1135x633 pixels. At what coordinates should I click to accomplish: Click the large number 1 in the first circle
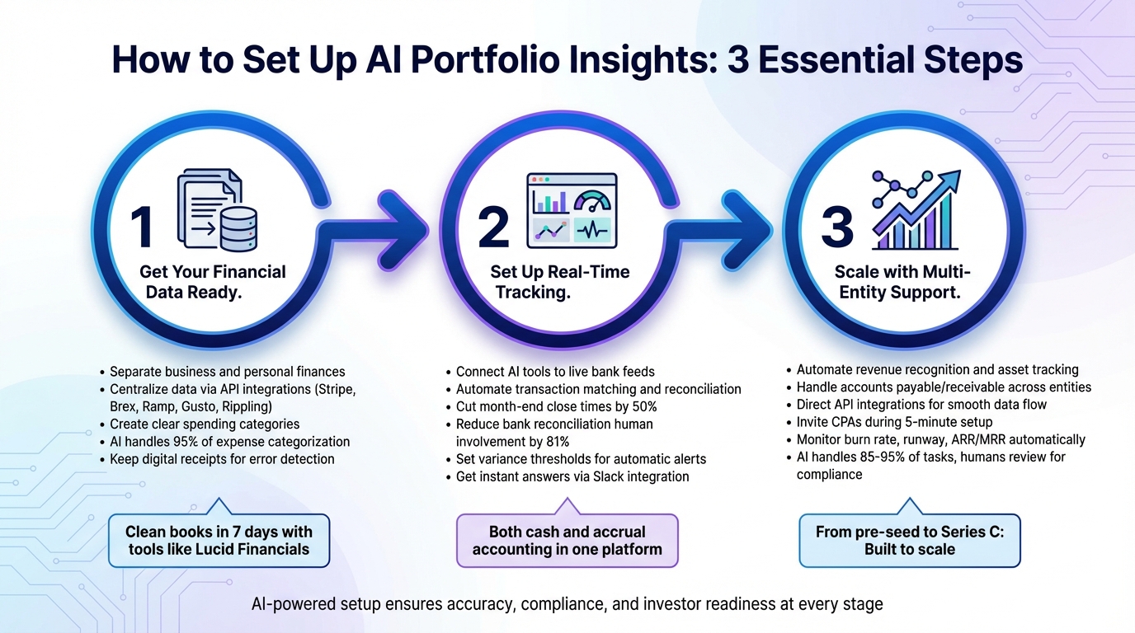coord(142,227)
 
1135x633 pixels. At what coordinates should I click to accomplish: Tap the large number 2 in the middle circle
coord(493,228)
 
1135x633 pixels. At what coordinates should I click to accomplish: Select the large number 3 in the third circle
coord(837,227)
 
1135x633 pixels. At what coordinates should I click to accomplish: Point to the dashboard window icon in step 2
coord(572,209)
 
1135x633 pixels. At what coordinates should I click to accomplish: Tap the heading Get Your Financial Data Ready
coord(213,282)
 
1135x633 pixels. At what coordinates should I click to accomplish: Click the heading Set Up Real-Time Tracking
coord(558,282)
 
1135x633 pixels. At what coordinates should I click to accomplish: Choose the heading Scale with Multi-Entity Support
coord(903,282)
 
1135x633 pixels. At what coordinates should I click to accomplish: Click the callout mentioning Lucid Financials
coord(219,540)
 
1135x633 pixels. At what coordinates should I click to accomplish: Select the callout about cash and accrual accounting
coord(567,540)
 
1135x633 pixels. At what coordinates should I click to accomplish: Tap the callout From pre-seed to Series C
coord(910,540)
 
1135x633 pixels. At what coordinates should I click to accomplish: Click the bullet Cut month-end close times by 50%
coord(557,406)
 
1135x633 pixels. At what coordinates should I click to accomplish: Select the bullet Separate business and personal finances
coord(227,372)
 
